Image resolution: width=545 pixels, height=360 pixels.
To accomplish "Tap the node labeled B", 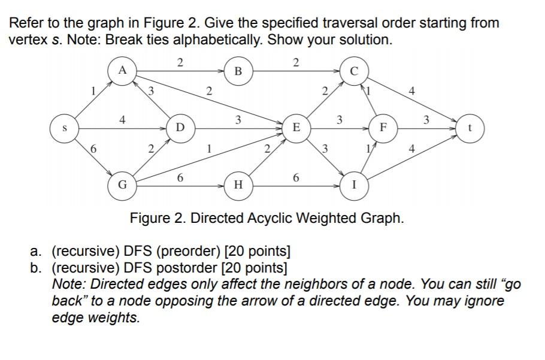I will [x=238, y=71].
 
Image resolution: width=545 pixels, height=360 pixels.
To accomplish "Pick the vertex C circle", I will [x=353, y=72].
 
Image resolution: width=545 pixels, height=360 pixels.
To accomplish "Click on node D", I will [x=180, y=128].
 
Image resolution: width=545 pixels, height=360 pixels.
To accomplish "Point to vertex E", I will [x=296, y=128].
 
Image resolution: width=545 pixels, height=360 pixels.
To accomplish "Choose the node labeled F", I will [x=383, y=128].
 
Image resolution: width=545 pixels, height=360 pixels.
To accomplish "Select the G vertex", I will [x=122, y=185].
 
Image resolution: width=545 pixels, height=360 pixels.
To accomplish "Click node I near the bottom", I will [x=354, y=185].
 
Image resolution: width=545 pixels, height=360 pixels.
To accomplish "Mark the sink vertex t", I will [x=470, y=128].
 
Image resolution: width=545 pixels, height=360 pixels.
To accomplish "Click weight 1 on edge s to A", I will [x=93, y=92].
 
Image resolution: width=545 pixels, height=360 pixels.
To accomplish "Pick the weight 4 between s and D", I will [x=122, y=120].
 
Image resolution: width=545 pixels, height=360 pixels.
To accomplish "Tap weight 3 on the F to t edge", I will [x=426, y=120].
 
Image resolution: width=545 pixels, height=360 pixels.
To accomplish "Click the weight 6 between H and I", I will [x=296, y=178].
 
